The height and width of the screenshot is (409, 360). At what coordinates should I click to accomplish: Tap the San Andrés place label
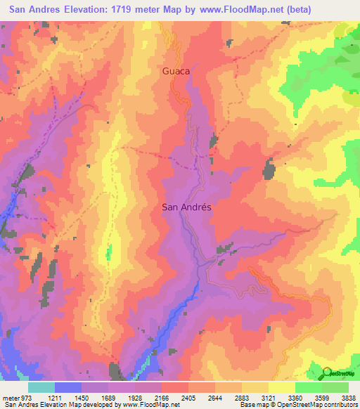187,207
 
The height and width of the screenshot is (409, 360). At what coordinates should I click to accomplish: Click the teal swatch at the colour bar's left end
41,387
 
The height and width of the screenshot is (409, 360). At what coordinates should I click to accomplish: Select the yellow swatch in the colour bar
281,387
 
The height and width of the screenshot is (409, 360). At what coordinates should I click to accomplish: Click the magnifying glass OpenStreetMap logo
328,372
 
